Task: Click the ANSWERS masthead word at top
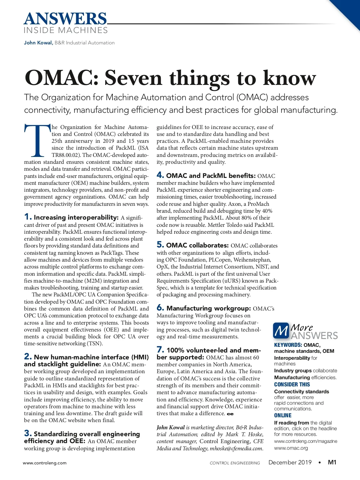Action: pos(65,19)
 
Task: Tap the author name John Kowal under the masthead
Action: pos(38,43)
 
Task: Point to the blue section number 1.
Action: pos(28,217)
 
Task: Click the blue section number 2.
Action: pos(28,356)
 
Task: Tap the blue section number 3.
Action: pos(28,433)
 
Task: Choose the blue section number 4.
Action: pos(160,175)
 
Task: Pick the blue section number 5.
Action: pos(160,245)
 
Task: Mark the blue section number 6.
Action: pos(160,308)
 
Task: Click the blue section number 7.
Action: pos(160,350)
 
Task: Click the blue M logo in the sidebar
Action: pos(281,330)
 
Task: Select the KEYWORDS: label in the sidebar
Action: pos(288,345)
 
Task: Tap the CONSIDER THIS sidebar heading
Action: pos(292,385)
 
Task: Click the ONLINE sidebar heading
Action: pos(283,415)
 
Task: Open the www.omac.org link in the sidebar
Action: pos(291,448)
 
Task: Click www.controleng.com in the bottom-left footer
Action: pos(45,463)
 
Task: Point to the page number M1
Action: pos(332,462)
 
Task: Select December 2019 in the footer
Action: pos(290,462)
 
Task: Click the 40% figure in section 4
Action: pos(267,211)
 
